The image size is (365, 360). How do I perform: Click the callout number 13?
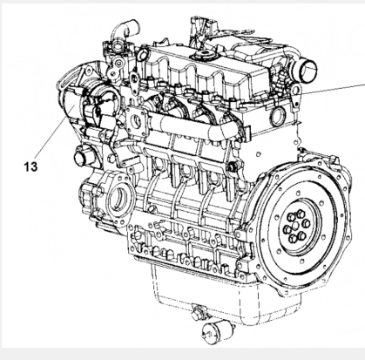coord(30,166)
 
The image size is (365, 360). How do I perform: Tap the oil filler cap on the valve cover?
coord(203,54)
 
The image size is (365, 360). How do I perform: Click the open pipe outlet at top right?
coord(308,69)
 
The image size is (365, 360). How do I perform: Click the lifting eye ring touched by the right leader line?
coord(296,91)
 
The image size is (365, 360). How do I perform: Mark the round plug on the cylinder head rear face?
coord(278,116)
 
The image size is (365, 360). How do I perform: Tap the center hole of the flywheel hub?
coord(295,226)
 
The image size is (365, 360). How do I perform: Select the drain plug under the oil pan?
coord(199,312)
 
